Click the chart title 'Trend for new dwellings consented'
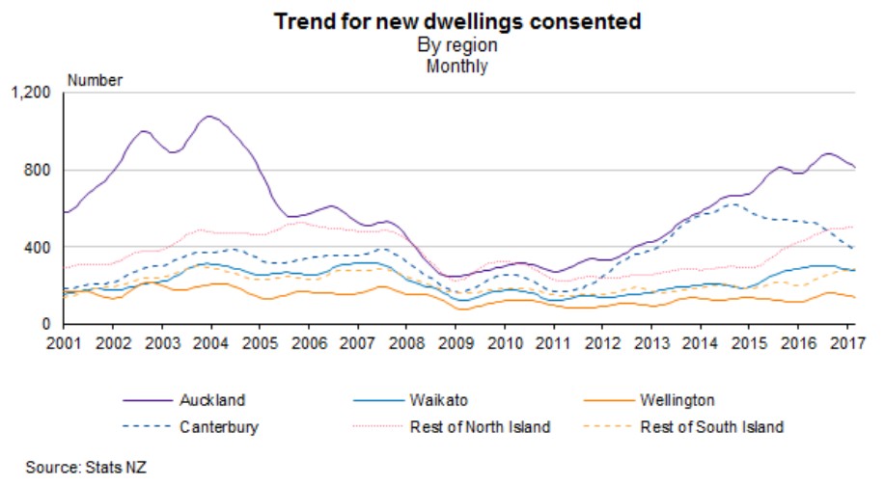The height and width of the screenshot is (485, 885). click(x=456, y=21)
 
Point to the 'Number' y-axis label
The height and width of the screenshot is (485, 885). click(x=95, y=81)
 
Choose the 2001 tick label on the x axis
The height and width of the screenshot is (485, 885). click(x=65, y=343)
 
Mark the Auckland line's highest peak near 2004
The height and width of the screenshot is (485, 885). click(x=209, y=117)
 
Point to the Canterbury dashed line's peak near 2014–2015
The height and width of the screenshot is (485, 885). click(x=734, y=203)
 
